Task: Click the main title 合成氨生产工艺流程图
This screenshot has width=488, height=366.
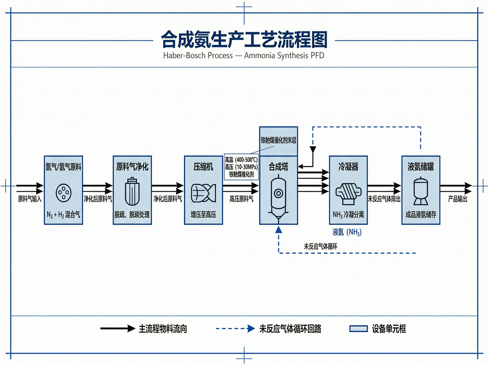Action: [x=244, y=40]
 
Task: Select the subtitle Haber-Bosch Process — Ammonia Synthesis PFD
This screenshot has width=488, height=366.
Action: [x=244, y=55]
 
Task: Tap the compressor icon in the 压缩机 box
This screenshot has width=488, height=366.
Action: [x=204, y=193]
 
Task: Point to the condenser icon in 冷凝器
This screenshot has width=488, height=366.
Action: [x=348, y=193]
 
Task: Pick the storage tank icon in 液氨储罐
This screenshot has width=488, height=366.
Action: [x=421, y=191]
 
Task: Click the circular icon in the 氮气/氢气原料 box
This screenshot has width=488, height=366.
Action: [x=63, y=193]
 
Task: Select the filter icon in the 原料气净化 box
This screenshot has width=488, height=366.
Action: [x=132, y=192]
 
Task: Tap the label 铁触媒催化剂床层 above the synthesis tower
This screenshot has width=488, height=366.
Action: [x=278, y=140]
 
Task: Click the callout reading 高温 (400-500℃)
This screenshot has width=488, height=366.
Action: [x=241, y=160]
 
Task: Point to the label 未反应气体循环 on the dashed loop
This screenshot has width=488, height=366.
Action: [x=321, y=246]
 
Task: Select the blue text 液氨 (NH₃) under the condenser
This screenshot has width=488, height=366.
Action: [x=347, y=232]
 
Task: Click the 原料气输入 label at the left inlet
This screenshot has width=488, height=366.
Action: [x=30, y=199]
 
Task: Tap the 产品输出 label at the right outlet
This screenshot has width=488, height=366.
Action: [x=457, y=199]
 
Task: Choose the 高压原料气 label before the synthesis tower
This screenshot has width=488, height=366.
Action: [x=241, y=199]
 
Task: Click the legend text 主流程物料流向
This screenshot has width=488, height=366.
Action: [x=163, y=329]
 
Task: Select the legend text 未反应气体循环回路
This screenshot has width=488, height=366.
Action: [x=290, y=329]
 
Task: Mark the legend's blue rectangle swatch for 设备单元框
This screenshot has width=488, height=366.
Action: [x=358, y=329]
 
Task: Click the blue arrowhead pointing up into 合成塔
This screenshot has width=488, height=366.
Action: [x=279, y=229]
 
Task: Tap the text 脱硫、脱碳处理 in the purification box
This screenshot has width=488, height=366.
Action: [x=132, y=215]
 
